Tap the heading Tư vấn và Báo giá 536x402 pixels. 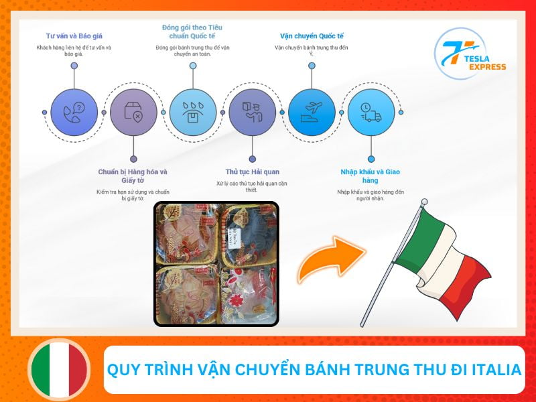tap(74, 35)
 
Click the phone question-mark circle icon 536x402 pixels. tap(74, 112)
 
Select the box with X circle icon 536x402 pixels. tap(133, 112)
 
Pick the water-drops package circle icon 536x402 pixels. tap(192, 112)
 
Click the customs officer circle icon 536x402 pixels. tap(252, 112)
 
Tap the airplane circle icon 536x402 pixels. tap(312, 112)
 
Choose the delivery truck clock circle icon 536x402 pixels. tap(371, 112)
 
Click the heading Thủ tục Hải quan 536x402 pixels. tap(252, 172)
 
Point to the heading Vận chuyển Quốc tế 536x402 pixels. tap(311, 35)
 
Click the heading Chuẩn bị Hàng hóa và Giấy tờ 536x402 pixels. tap(133, 176)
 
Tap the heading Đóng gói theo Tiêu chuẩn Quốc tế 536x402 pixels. tap(192, 31)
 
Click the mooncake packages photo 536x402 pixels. tap(216, 263)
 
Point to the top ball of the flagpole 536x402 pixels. tap(423, 202)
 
